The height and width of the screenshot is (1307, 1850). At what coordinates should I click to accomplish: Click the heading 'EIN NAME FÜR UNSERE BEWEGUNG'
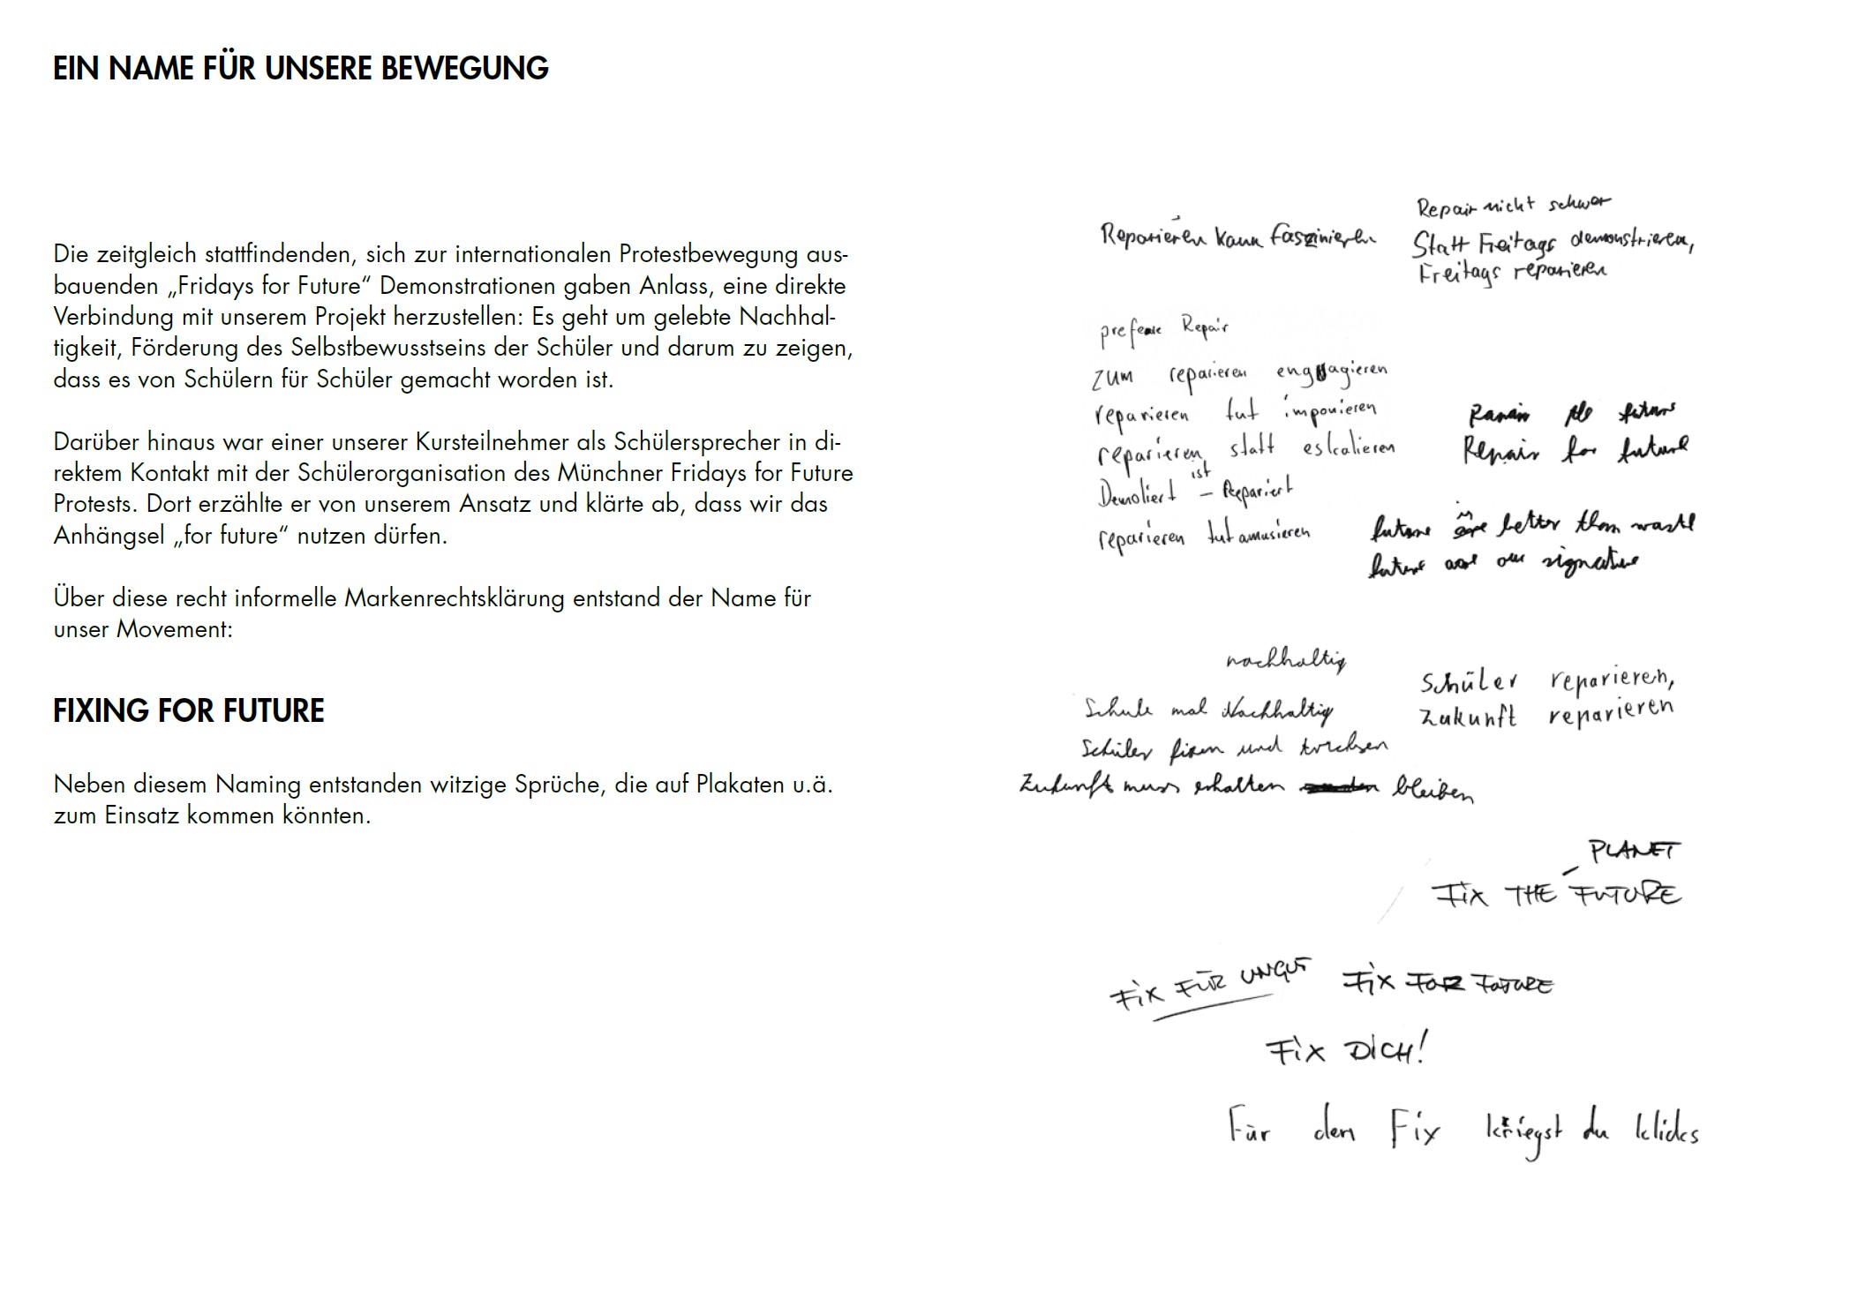coord(300,69)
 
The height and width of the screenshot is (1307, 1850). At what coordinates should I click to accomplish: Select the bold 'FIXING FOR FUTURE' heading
coord(189,710)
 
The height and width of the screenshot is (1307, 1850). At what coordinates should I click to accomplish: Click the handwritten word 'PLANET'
coord(1635,850)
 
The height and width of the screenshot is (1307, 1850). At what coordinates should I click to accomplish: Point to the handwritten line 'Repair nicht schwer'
coord(1513,206)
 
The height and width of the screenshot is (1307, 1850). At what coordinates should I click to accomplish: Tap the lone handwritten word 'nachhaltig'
coord(1286,660)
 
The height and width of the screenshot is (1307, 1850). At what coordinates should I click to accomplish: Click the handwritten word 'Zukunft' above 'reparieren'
coord(1468,717)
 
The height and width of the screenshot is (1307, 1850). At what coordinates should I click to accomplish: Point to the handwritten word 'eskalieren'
coord(1348,447)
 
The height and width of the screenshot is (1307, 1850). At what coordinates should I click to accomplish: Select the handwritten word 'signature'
coord(1590,562)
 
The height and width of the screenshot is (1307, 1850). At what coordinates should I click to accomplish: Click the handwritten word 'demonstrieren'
coord(1631,242)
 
